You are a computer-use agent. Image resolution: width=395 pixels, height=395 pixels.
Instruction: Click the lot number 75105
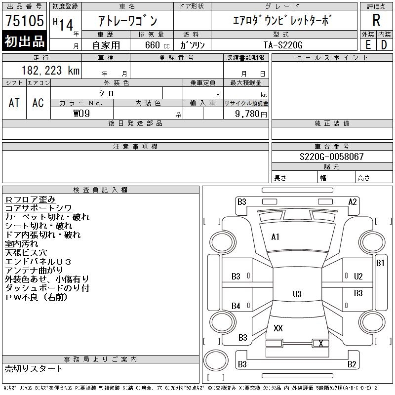23,22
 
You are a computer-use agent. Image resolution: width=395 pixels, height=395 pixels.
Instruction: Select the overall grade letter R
376,21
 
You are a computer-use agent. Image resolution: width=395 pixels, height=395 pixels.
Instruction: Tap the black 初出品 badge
23,41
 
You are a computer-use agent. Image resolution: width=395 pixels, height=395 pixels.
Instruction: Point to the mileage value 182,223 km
50,71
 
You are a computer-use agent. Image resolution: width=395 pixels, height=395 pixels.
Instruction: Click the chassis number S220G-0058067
332,157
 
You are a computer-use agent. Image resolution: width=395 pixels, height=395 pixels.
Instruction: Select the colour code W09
82,114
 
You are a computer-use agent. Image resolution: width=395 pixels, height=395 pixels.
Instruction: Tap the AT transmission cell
14,103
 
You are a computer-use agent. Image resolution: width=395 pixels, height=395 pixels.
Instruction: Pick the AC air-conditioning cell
38,103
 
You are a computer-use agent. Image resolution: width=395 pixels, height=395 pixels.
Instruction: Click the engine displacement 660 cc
154,44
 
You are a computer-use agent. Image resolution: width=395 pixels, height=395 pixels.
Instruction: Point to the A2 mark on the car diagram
352,201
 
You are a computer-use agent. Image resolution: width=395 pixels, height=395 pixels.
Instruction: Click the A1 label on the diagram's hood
276,237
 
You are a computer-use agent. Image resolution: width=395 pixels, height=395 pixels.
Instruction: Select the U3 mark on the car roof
297,294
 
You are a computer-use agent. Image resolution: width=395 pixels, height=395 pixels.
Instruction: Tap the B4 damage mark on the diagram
236,306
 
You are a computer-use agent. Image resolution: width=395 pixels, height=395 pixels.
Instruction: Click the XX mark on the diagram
278,328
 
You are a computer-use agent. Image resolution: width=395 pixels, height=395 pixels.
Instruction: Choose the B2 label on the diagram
352,365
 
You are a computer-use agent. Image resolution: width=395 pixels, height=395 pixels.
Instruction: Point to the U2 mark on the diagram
358,276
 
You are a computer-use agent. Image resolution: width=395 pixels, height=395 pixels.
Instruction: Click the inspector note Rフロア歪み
31,199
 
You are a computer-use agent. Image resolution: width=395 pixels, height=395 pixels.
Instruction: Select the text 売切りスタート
34,368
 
